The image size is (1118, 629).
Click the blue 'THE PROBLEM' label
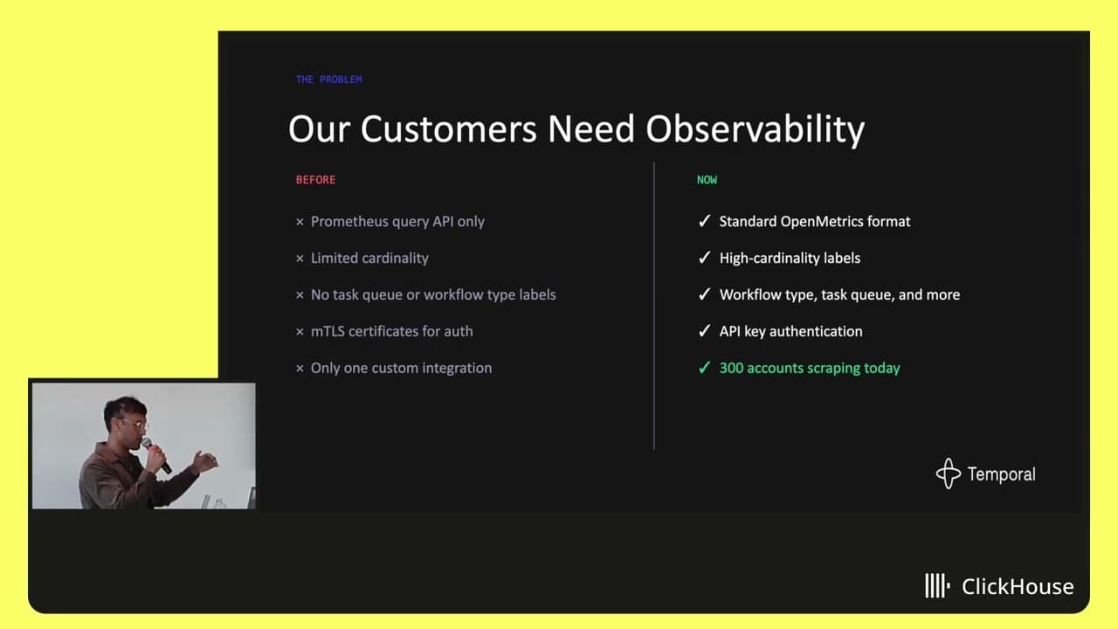(329, 79)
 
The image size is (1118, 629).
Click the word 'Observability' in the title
(756, 129)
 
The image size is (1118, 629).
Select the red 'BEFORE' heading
(315, 180)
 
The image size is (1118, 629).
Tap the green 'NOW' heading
(707, 180)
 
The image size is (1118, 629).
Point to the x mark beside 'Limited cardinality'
(300, 258)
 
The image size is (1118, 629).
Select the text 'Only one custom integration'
(401, 368)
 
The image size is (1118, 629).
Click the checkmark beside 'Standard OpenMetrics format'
(704, 221)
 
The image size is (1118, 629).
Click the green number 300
(731, 368)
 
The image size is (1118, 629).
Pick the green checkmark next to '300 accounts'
(704, 368)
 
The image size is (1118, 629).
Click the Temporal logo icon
(948, 473)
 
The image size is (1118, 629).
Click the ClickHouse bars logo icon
(937, 585)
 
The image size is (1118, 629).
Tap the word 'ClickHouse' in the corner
(1018, 586)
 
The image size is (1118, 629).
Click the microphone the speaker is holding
(155, 455)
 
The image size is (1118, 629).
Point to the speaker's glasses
(134, 425)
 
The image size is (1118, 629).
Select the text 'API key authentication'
(790, 331)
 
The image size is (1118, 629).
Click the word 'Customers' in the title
(448, 129)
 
